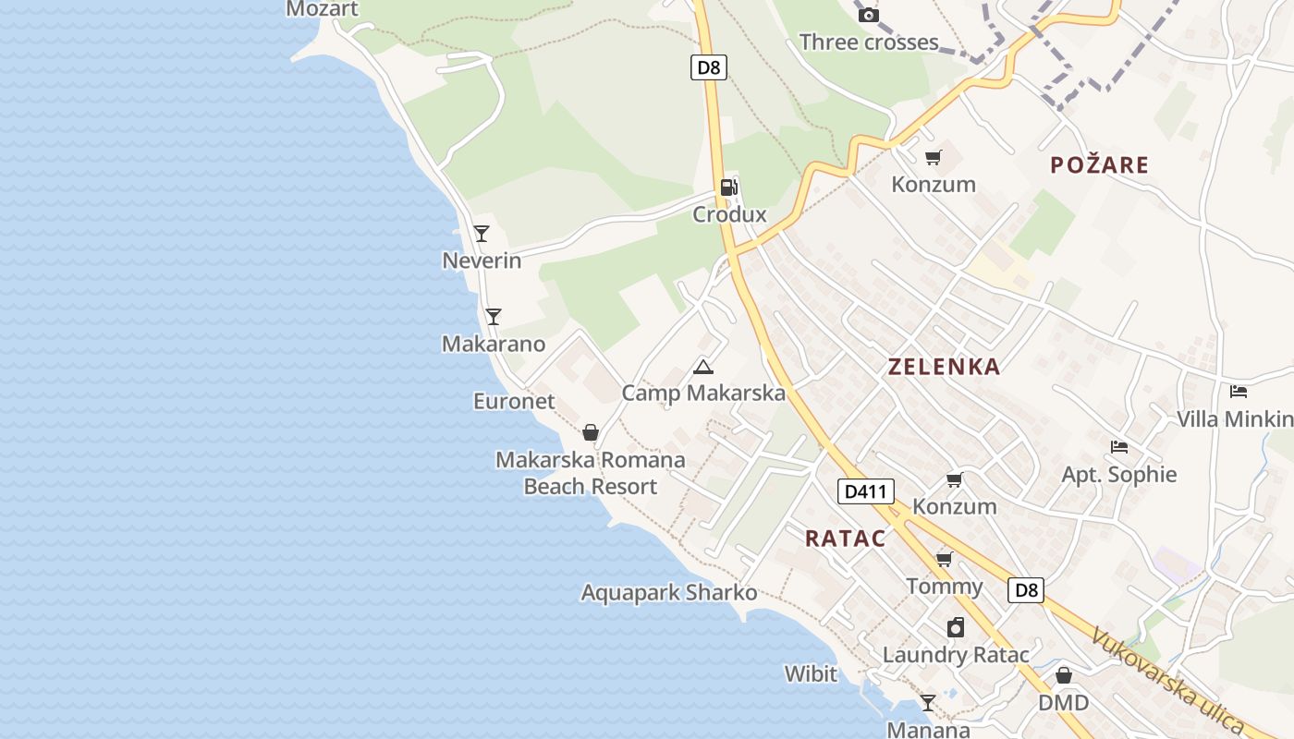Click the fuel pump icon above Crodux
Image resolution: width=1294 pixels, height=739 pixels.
coord(728,188)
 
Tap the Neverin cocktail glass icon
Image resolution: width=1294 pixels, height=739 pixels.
coord(482,233)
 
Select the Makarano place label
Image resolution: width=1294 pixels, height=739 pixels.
coord(494,344)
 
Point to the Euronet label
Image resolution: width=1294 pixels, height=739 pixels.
coord(514,401)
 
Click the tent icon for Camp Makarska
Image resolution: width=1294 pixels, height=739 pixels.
coord(703,367)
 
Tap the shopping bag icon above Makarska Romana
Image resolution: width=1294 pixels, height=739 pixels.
coord(591,431)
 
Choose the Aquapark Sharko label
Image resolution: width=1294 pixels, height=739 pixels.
coord(669,592)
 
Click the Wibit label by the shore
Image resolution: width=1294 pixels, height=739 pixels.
coord(811,673)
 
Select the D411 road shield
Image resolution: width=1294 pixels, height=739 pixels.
coord(866,491)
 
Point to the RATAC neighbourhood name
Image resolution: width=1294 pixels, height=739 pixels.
coord(845,539)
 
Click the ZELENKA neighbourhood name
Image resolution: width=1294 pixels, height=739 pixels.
coord(944,367)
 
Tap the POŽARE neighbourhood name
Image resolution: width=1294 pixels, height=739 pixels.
coord(1099,165)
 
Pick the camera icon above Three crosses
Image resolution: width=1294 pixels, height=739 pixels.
coord(868,15)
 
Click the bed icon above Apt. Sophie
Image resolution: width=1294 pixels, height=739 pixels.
coord(1119,447)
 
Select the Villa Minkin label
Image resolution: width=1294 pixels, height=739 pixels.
coord(1234,418)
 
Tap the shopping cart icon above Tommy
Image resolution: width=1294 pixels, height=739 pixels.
coord(944,559)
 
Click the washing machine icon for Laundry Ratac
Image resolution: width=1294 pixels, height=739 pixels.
coord(956,628)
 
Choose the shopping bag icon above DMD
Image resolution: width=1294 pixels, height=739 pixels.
coord(1064,675)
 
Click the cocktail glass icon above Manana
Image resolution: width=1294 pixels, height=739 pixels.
coord(927,703)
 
